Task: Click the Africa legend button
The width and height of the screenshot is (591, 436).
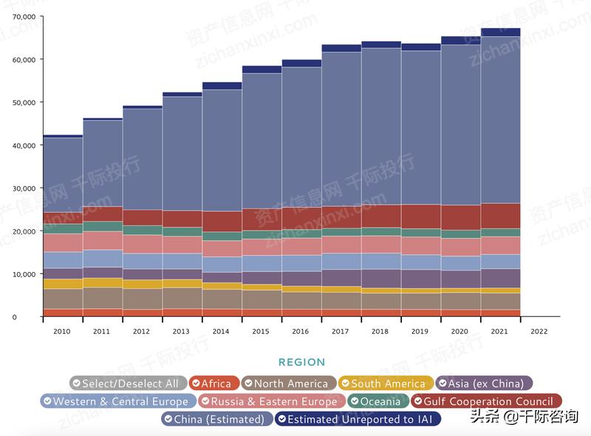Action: tap(214, 384)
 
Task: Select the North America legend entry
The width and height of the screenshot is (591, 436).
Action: tap(290, 384)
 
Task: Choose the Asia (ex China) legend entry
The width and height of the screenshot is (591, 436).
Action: tap(484, 384)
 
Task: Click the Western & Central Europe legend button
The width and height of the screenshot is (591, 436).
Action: tap(119, 401)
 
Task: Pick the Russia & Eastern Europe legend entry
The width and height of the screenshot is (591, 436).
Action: tap(270, 401)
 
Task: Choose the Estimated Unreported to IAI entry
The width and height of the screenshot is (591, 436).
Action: tap(358, 419)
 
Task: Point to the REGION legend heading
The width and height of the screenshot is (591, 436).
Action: tap(301, 362)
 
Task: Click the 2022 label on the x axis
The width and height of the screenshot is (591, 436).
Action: tap(540, 332)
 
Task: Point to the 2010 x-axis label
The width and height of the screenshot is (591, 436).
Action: tap(62, 332)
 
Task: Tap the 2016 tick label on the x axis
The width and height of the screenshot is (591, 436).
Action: tap(301, 332)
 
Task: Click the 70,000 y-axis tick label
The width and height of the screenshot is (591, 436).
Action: tap(24, 16)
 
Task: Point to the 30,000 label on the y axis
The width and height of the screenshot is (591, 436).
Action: tap(24, 188)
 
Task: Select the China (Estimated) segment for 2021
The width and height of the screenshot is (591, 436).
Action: tap(500, 118)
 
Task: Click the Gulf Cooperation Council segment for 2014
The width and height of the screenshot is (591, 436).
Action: tap(222, 221)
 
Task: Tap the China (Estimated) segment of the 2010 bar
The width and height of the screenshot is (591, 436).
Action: tap(63, 174)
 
